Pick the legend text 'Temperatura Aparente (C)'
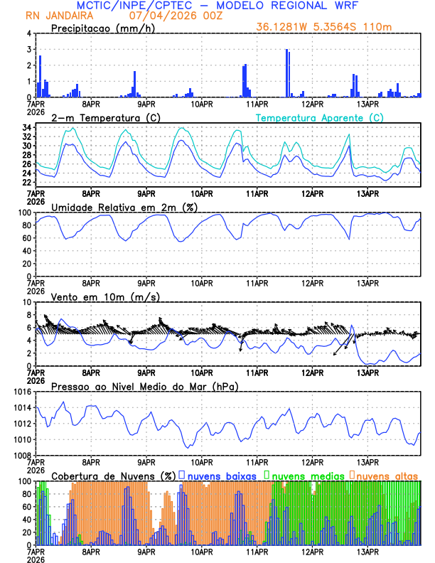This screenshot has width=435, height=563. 320,117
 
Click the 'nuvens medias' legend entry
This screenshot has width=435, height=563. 307,475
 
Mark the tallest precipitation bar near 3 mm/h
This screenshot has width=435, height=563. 286,73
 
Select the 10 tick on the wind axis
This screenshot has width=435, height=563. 26,302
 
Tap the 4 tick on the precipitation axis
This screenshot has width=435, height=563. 28,33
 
